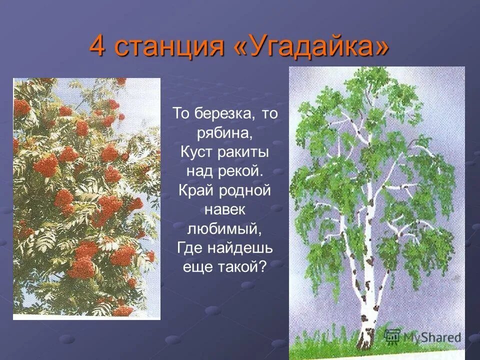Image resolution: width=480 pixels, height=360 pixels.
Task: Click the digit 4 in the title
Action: coord(99,46)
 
